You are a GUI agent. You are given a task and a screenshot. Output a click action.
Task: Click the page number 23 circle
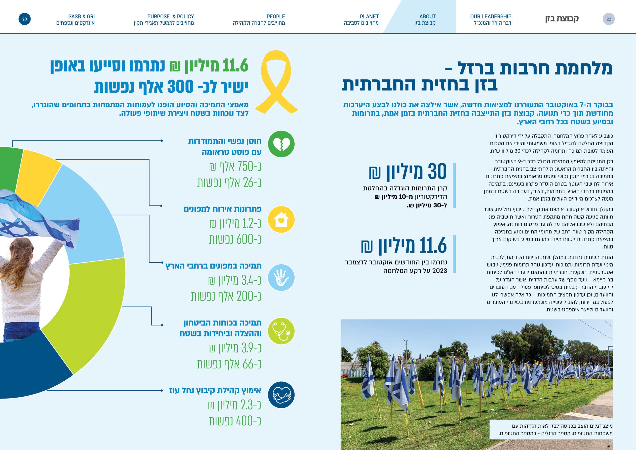(25, 19)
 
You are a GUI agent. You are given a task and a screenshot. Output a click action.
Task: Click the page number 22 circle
(609, 19)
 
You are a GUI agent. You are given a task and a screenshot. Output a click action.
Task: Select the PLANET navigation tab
(361, 20)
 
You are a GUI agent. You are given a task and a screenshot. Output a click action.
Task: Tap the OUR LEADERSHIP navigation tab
(491, 20)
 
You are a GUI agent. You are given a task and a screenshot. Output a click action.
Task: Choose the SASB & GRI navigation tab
(76, 20)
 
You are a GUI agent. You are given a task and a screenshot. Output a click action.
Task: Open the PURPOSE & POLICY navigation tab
(164, 20)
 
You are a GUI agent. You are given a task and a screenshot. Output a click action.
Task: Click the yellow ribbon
(276, 82)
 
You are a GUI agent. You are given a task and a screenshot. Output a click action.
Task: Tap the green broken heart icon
(281, 144)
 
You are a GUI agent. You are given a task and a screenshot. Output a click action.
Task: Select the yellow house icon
(281, 220)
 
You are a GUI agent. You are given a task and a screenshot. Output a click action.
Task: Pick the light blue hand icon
(281, 277)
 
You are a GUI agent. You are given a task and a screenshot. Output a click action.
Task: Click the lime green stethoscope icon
(281, 331)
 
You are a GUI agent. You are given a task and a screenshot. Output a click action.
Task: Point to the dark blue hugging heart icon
(281, 395)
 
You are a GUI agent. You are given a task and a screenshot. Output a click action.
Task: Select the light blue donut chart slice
(91, 216)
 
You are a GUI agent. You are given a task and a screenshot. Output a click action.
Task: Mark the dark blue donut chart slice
(33, 369)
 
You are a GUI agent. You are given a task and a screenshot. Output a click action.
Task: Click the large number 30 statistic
(437, 171)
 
